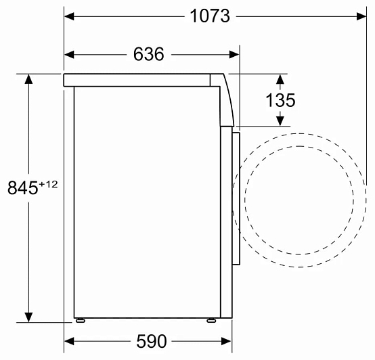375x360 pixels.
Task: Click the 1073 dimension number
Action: click(210, 16)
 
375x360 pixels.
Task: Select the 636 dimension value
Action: click(148, 54)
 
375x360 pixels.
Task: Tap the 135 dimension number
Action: click(280, 100)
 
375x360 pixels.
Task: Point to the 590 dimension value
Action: click(152, 341)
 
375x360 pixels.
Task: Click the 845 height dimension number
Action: click(23, 187)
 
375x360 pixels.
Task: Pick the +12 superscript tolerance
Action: click(48, 184)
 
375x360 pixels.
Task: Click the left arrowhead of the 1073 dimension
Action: click(69, 16)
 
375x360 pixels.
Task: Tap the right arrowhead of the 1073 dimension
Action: click(361, 16)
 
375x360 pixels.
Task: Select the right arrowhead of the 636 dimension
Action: click(234, 55)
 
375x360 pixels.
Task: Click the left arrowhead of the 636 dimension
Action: click(69, 55)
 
